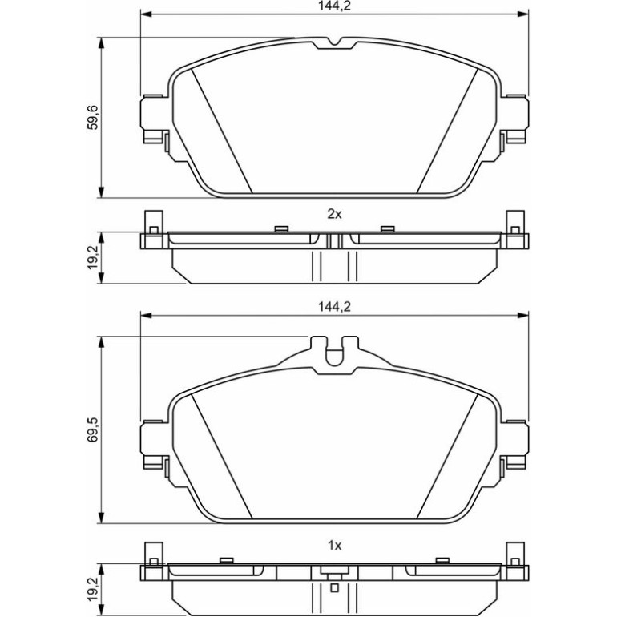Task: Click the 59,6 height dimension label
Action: click(x=93, y=117)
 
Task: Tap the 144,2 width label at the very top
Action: click(x=334, y=6)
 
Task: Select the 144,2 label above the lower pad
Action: click(x=334, y=307)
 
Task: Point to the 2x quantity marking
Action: click(x=334, y=214)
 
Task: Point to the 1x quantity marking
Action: click(x=334, y=546)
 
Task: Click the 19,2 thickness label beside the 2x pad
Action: click(x=93, y=257)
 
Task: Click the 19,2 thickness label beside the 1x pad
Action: click(x=93, y=589)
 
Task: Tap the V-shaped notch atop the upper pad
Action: click(x=334, y=42)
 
